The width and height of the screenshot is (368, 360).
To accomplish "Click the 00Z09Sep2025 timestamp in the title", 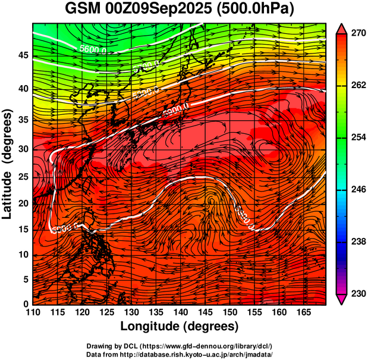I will coord(160,10).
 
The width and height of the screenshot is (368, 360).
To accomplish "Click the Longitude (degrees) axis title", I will coord(180,326).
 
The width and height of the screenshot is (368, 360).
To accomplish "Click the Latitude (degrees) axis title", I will coord(8,164).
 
